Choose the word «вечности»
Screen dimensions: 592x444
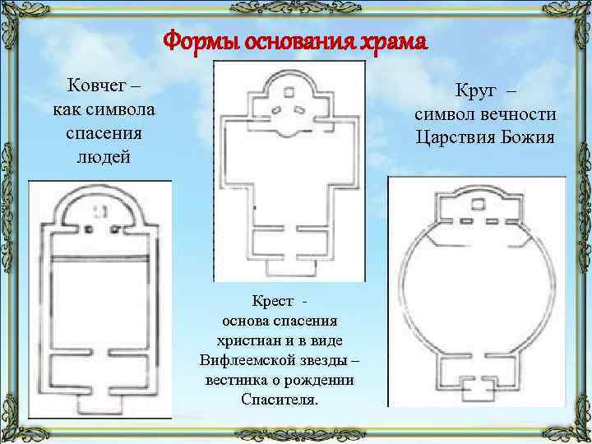point(519,113)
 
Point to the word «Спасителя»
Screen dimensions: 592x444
point(279,400)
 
